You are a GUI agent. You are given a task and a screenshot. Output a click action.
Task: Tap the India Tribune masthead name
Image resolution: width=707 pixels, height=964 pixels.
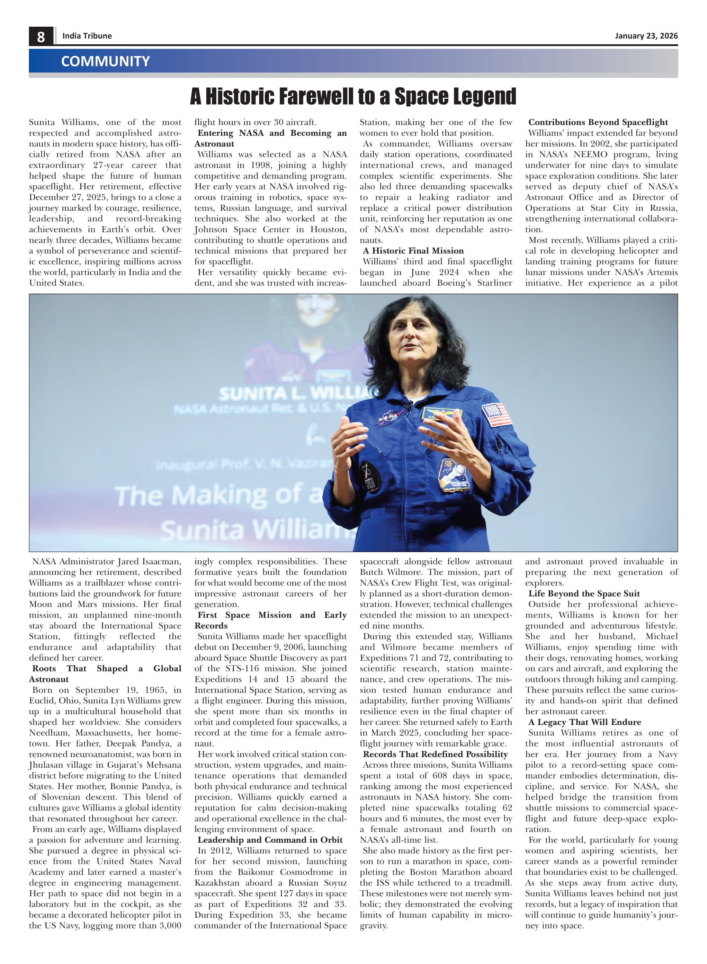pyautogui.click(x=87, y=36)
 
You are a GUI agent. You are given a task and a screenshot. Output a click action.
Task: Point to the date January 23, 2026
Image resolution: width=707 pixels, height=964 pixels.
pyautogui.click(x=646, y=36)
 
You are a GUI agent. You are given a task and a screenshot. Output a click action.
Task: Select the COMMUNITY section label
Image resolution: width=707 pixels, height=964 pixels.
pyautogui.click(x=105, y=61)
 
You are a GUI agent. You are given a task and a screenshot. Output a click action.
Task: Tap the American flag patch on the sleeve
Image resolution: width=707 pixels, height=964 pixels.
pyautogui.click(x=497, y=415)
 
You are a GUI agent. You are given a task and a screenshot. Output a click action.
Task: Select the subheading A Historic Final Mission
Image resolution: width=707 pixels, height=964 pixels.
pyautogui.click(x=413, y=251)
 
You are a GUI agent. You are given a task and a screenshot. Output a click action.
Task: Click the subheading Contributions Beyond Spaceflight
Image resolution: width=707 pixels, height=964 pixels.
pyautogui.click(x=598, y=122)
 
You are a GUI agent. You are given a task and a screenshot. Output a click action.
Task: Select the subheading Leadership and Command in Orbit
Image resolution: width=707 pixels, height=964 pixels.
pyautogui.click(x=270, y=840)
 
